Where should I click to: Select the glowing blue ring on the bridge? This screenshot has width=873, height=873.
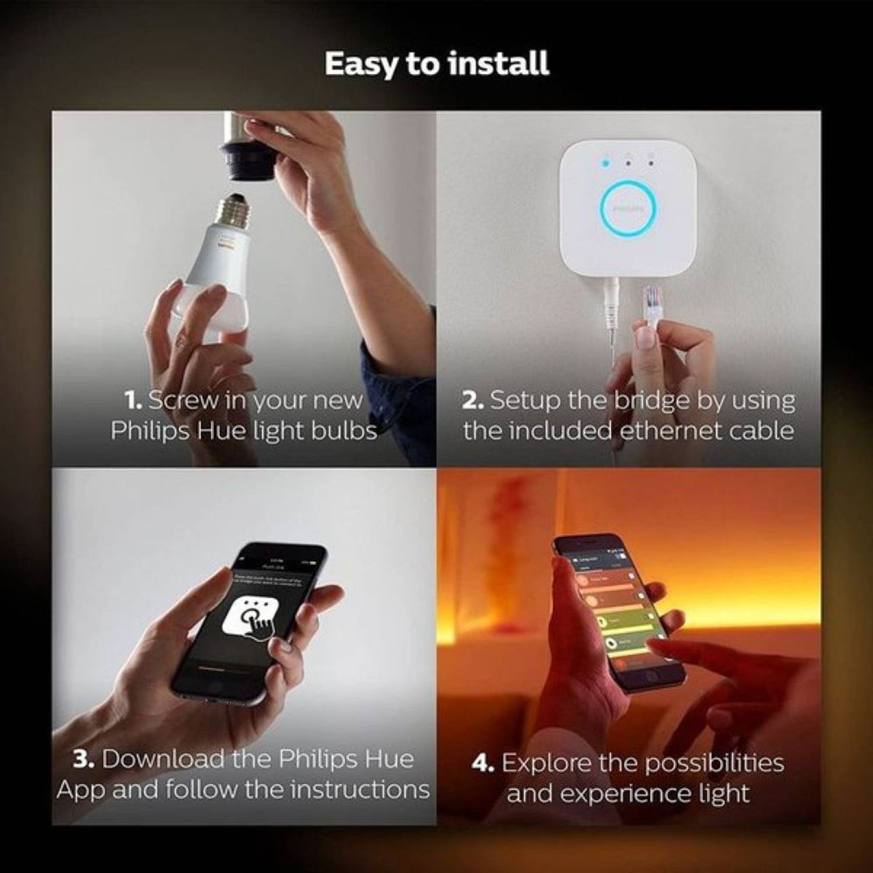[x=628, y=208]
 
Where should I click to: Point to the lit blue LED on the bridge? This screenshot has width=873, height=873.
[x=606, y=162]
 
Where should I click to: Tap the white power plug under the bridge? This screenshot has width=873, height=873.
[x=612, y=303]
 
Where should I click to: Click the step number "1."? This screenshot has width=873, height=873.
[x=133, y=400]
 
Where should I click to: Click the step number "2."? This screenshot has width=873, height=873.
[x=472, y=400]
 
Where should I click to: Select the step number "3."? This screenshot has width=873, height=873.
[x=84, y=760]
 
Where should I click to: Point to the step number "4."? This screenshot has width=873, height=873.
[x=483, y=763]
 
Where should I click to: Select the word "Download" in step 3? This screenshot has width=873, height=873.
[x=164, y=760]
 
